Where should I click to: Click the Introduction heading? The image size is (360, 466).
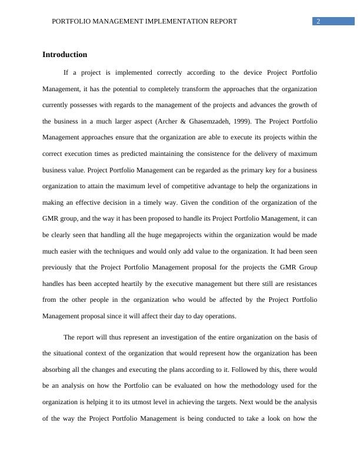click(x=65, y=55)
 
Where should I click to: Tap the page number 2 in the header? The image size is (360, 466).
click(x=318, y=21)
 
